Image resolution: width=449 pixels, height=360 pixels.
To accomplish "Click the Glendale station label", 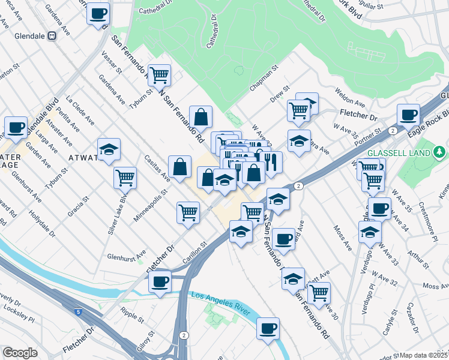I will [25, 36].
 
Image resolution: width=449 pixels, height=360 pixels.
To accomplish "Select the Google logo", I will [20, 353].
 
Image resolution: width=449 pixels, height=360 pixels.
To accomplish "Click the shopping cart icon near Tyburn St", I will [160, 76].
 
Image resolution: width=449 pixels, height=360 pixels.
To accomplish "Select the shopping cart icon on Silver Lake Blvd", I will [125, 177].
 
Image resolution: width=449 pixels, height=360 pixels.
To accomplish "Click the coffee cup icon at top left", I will [98, 13].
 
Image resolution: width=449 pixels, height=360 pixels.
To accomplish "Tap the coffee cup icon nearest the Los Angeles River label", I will [268, 328].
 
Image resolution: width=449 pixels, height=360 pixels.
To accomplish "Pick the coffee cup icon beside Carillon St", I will [160, 282].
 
